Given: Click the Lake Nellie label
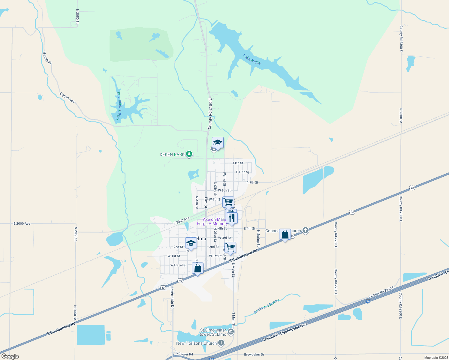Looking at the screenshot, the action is pyautogui.click(x=252, y=59).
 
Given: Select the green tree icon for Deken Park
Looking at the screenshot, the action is pyautogui.click(x=189, y=154).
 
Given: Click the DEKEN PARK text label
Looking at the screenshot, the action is pyautogui.click(x=172, y=154).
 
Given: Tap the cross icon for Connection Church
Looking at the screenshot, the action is pyautogui.click(x=305, y=230).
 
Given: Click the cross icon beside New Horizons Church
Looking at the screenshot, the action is pyautogui.click(x=221, y=343).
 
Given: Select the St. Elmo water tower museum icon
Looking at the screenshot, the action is pyautogui.click(x=231, y=331).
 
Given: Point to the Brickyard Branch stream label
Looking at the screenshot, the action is pyautogui.click(x=267, y=306).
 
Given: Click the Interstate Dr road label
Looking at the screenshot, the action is pyautogui.click(x=172, y=298).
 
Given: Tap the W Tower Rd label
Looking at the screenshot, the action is pyautogui.click(x=184, y=354).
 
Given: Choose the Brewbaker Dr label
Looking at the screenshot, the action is pyautogui.click(x=254, y=354).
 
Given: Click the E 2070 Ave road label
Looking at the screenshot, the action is pyautogui.click(x=67, y=97).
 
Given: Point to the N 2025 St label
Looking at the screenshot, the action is pyautogui.click(x=47, y=58).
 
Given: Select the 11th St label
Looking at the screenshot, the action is pyautogui.click(x=238, y=163).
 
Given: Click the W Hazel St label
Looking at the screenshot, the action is pyautogui.click(x=178, y=265).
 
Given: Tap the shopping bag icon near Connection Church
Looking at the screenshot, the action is pyautogui.click(x=285, y=234).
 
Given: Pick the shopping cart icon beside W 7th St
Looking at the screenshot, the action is pyautogui.click(x=228, y=202).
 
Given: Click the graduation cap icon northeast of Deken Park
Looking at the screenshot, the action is pyautogui.click(x=218, y=142).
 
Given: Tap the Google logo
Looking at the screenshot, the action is pyautogui.click(x=10, y=356).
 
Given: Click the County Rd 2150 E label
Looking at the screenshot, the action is pyautogui.click(x=210, y=114).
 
